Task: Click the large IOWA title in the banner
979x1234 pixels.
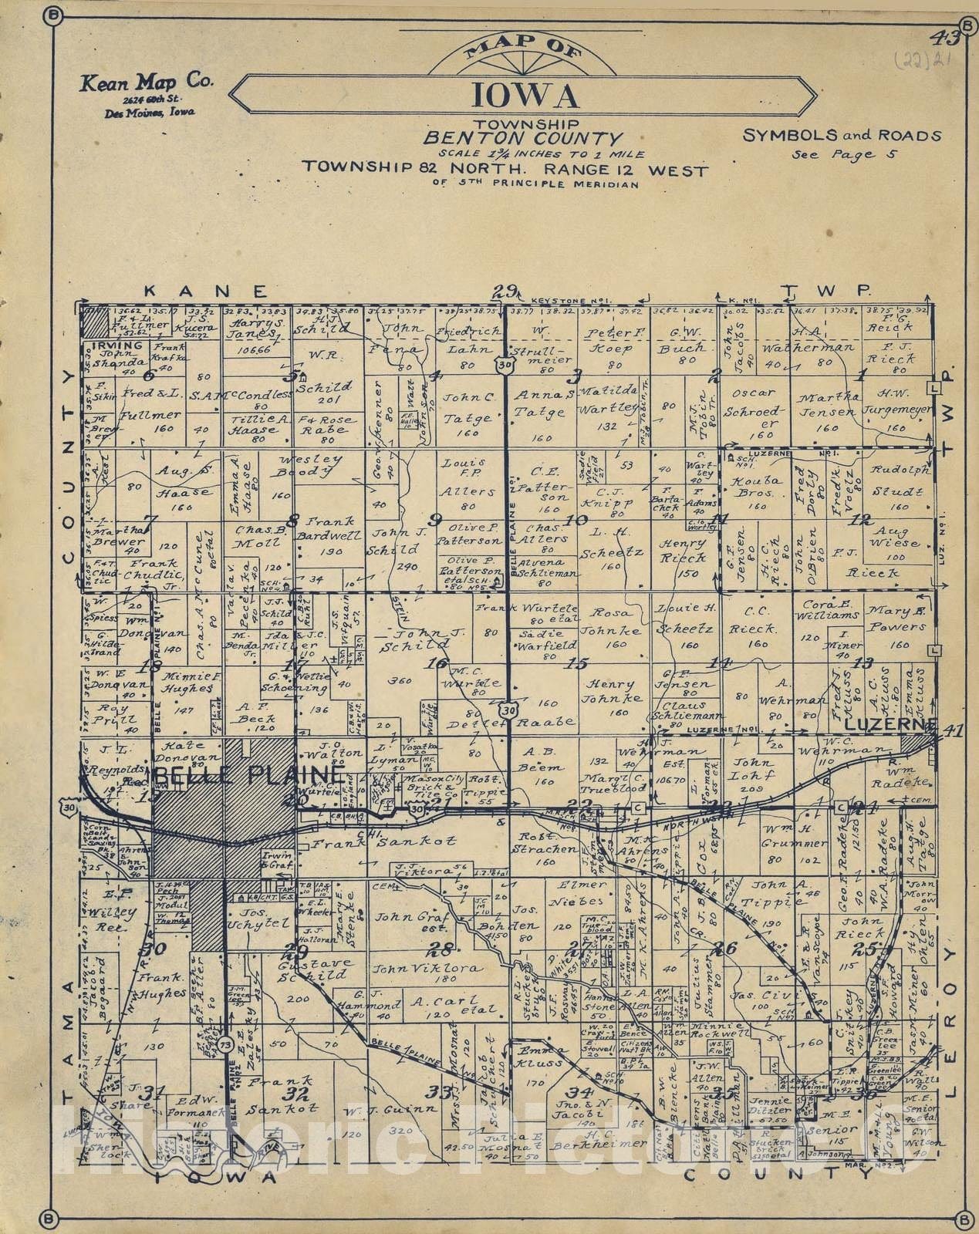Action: (x=524, y=96)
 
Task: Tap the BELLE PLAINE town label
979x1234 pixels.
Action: (x=249, y=774)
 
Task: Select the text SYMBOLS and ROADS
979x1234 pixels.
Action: (x=842, y=136)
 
